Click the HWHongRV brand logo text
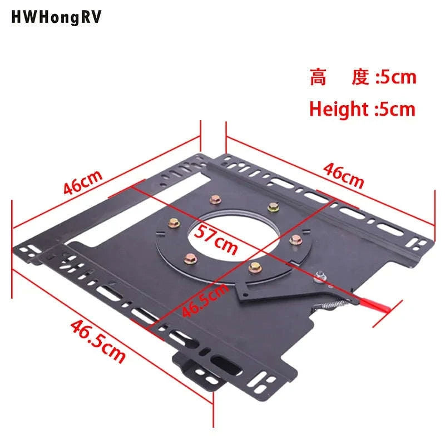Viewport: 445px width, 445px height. [x=56, y=17]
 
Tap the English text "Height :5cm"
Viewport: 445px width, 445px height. [x=363, y=109]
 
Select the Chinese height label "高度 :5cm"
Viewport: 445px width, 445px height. [x=363, y=77]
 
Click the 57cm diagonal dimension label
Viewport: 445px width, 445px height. [x=216, y=239]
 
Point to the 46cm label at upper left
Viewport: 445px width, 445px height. [x=82, y=182]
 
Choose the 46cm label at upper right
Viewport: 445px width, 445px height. [x=343, y=176]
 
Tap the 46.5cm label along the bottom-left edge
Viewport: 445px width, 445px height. [x=98, y=342]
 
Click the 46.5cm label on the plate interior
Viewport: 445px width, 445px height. [x=205, y=300]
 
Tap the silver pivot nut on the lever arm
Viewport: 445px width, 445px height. [x=320, y=276]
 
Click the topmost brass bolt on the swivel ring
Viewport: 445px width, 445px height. [x=215, y=199]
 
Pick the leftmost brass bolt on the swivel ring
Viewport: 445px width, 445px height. [x=174, y=224]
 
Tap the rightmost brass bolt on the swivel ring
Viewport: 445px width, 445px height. [x=296, y=240]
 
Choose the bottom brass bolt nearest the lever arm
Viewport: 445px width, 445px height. [x=255, y=267]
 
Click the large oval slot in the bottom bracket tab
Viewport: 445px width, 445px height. [x=226, y=365]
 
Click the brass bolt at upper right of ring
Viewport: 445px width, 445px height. [x=273, y=207]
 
